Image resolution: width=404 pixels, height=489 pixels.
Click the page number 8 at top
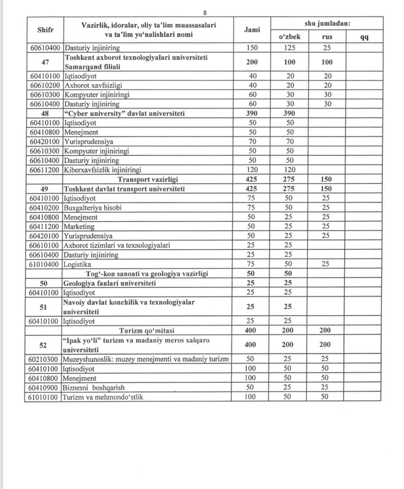pos(205,13)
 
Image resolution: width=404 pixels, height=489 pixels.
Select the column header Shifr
pos(45,30)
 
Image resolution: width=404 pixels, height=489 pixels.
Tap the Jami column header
pos(252,30)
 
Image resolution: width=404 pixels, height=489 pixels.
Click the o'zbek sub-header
pos(290,37)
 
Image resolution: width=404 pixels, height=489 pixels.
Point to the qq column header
pos(364,37)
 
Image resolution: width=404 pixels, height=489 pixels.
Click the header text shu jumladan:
pos(327,23)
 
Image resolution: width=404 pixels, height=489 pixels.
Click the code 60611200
pos(45,170)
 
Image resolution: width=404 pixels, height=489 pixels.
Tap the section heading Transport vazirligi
pos(148,179)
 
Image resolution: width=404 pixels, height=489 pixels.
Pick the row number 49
pos(44,189)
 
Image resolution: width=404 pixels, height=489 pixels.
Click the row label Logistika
pos(78,264)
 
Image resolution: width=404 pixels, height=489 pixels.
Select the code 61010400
pos(44,264)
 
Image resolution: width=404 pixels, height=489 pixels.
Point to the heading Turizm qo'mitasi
pos(147,330)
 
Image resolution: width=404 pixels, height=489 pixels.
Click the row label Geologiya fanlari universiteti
pos(110,283)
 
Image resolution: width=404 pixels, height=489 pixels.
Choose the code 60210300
pos(43,359)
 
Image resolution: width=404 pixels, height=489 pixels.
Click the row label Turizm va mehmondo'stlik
pos(103,397)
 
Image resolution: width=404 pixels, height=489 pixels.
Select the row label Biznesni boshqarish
pos(94,387)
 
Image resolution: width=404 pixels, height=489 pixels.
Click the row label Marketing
pos(79,227)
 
